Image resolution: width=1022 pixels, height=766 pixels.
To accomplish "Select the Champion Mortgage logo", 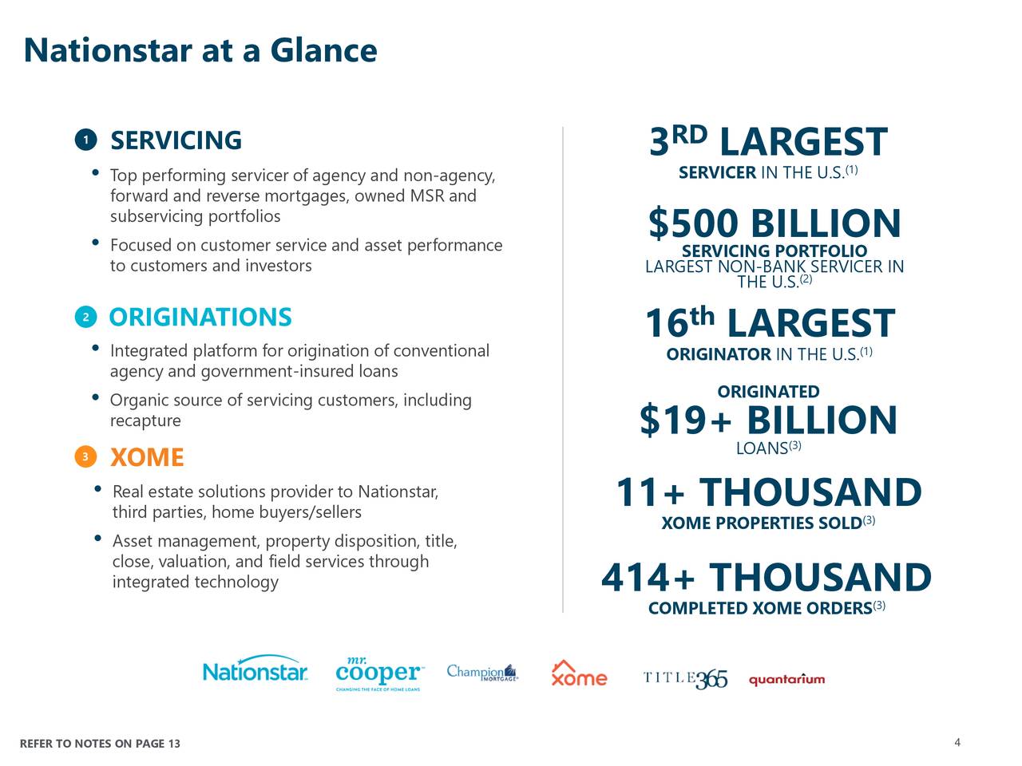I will coord(482,673).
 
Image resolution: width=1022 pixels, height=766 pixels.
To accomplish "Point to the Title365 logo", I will coord(685,678).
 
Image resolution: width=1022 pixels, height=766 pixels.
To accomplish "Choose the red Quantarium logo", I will coord(786,680).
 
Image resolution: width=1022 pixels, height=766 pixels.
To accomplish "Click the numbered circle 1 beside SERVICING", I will coord(85,140).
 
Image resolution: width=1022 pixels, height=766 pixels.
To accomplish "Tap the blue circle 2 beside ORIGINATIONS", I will coord(85,318).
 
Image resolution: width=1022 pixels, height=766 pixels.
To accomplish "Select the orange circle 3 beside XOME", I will coord(85,457).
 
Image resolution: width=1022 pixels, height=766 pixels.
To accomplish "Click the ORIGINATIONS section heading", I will coord(200,318).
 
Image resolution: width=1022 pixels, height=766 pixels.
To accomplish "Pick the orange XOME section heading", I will coord(147,458).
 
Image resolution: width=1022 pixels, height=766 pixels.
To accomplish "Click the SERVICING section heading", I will coord(176,140).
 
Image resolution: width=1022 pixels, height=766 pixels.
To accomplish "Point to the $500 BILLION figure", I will coord(774,223).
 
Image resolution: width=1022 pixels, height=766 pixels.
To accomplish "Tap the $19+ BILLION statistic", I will coord(768,421).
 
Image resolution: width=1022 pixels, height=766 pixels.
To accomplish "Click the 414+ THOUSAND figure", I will coord(766,578).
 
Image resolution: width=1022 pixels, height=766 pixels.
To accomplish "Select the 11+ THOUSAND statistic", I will coord(768,492).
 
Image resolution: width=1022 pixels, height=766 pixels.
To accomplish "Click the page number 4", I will coord(957,744).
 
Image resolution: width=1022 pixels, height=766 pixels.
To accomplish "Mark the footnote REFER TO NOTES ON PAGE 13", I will coord(100,744).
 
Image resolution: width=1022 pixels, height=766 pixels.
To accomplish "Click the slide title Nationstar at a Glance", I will coord(200,50).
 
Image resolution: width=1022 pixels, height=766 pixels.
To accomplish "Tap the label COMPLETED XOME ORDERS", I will coord(760,609).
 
